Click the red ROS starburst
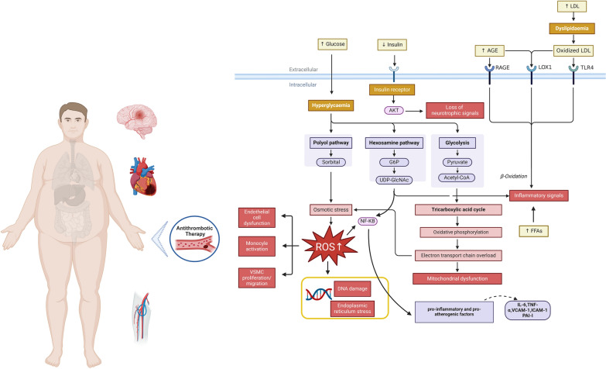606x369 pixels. coord(329,247)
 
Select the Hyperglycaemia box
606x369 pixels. coord(330,105)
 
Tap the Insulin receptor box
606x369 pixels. coord(392,89)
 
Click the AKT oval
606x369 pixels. coord(394,110)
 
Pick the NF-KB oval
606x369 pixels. coord(367,221)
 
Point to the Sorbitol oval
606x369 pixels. coord(330,162)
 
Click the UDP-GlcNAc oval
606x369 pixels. coord(394,180)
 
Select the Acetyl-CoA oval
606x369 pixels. coord(457,178)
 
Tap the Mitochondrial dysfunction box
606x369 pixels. coord(457,278)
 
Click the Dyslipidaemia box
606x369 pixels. coord(572,28)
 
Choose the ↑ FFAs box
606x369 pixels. coord(534,231)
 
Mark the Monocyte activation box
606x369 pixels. coord(257,247)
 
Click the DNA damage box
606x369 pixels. coord(352,289)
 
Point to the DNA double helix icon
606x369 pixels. coord(319,295)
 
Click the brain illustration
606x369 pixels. coord(137,121)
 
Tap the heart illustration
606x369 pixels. coord(143,177)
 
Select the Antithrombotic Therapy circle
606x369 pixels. coord(195,239)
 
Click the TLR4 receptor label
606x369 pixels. coord(587,67)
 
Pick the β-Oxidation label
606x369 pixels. coord(514,176)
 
